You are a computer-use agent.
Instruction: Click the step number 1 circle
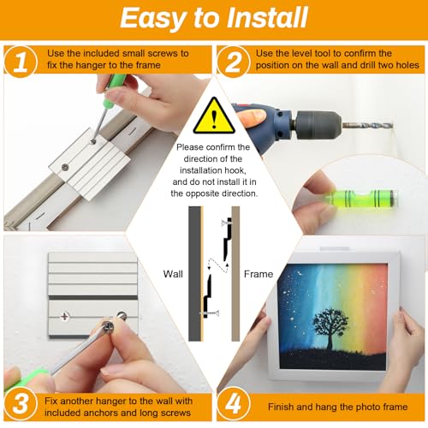(x=21, y=62)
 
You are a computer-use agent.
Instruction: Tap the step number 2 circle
(x=233, y=62)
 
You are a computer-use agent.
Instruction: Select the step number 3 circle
(x=21, y=404)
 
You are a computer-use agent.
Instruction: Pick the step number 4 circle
(x=234, y=404)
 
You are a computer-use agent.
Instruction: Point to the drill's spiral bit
(x=367, y=125)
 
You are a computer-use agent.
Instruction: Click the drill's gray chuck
(x=318, y=125)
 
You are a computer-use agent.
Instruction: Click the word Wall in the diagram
(x=173, y=274)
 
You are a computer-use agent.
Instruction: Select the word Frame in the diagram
(x=259, y=274)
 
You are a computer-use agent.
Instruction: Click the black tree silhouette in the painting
(x=330, y=328)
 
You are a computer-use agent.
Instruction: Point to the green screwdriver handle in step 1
(x=113, y=88)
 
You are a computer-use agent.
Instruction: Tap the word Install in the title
(x=267, y=18)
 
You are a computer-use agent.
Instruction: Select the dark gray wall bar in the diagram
(x=194, y=274)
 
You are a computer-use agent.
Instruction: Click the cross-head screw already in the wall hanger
(x=65, y=316)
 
